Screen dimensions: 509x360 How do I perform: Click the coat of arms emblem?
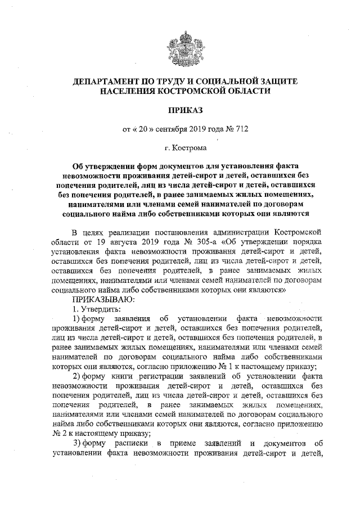(x=179, y=44)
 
